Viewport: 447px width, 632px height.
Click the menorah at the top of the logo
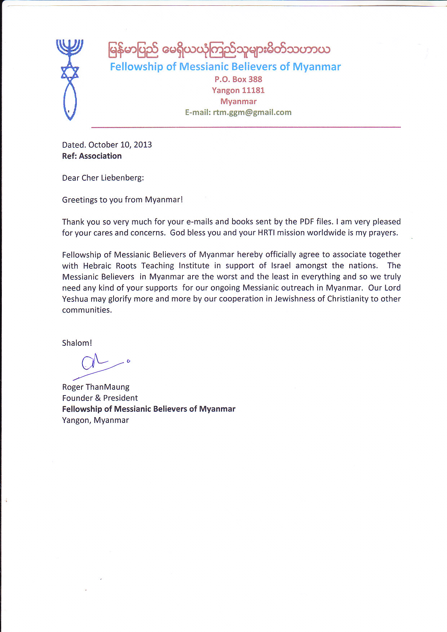click(x=70, y=47)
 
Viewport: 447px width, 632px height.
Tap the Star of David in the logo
click(x=70, y=72)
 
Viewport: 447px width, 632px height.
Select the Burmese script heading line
click(x=219, y=50)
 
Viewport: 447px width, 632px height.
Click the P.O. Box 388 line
click(x=238, y=79)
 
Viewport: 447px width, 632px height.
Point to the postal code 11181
click(x=253, y=90)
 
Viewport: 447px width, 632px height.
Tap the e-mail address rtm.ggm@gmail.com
click(x=252, y=112)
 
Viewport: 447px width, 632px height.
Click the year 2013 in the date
click(x=143, y=145)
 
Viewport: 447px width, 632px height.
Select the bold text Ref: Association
click(x=92, y=156)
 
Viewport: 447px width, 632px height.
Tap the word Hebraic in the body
click(x=97, y=266)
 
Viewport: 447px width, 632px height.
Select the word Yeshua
click(x=75, y=299)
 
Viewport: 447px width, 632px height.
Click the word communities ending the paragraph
click(x=87, y=310)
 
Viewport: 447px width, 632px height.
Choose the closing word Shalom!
click(x=77, y=343)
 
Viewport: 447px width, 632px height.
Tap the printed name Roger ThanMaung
click(x=96, y=387)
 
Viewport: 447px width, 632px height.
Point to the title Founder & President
click(x=100, y=398)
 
